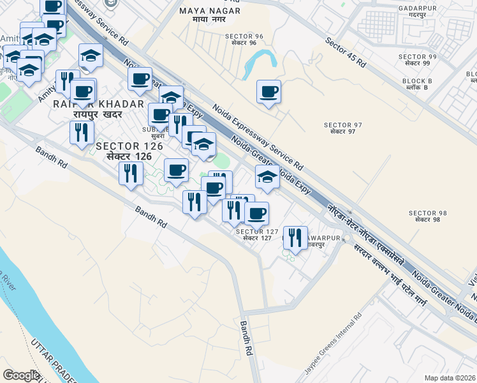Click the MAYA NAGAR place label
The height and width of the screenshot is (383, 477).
[x=210, y=15]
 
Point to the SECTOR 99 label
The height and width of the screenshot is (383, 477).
[x=418, y=61]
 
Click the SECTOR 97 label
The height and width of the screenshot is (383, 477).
[x=343, y=128]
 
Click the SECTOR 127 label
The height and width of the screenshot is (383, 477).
[x=258, y=235]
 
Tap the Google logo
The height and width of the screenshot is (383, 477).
[x=21, y=375]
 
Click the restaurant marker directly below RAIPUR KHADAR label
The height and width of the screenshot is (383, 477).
[x=82, y=132]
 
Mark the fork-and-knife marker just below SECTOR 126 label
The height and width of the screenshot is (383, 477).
[x=131, y=173]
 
